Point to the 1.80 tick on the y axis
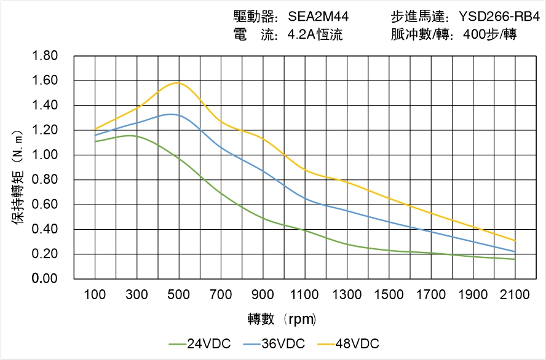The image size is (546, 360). [44, 57]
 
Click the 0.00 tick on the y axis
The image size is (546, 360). [44, 279]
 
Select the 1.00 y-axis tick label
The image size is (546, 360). [44, 155]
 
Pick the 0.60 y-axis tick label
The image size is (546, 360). [44, 205]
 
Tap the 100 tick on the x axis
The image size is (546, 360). [95, 295]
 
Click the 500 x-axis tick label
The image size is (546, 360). [179, 295]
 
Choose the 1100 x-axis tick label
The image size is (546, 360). [305, 295]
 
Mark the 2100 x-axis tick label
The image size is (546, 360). [515, 295]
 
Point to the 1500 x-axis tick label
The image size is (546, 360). [389, 295]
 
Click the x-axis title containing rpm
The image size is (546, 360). [282, 319]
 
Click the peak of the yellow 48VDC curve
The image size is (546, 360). [178, 82]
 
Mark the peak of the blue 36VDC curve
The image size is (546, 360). [171, 114]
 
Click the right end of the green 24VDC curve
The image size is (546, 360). [515, 259]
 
